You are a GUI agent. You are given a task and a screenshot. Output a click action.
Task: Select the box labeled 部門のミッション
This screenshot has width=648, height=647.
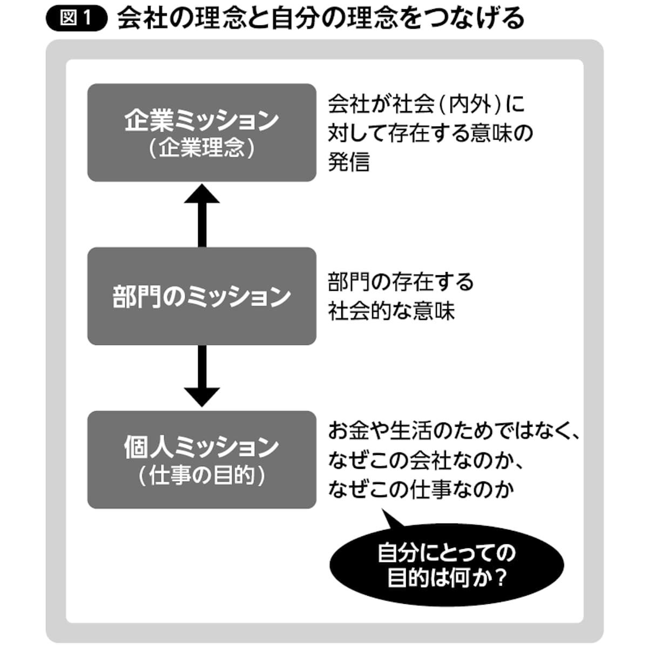pos(201,296)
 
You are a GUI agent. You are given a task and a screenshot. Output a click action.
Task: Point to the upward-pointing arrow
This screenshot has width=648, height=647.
pos(202,214)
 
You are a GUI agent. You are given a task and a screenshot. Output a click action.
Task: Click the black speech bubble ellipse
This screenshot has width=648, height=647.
pos(446,566)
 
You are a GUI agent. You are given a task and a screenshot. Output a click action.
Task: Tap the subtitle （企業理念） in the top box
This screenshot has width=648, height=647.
pos(201,148)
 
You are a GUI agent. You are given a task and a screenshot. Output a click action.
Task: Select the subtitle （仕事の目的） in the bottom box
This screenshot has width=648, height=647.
pos(201,475)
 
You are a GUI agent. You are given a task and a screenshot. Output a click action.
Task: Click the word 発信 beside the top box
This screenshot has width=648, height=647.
pos(349,161)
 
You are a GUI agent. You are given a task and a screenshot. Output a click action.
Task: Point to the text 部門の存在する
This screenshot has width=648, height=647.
pos(400,282)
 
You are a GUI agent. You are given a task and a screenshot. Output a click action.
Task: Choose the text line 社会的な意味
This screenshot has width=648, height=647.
pos(391,311)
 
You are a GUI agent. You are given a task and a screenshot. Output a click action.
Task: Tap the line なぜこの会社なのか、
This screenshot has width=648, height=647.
pos(427,460)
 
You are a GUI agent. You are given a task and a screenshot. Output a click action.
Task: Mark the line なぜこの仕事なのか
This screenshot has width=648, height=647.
pos(421,489)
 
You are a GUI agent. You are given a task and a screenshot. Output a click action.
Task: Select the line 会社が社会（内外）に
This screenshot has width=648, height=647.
pos(426,104)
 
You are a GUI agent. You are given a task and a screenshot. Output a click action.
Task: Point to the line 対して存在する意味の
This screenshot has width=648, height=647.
pos(430,133)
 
